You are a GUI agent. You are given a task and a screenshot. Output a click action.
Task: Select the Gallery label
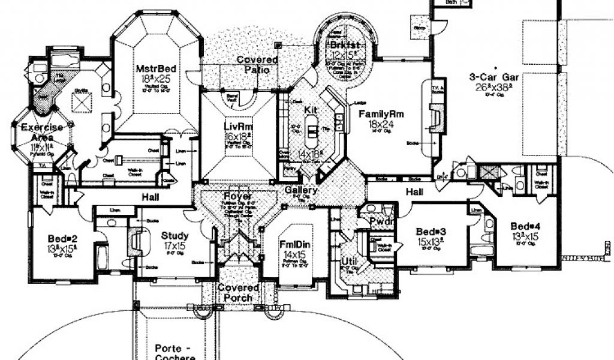[302, 190]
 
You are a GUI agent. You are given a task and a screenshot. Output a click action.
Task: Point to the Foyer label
[238, 197]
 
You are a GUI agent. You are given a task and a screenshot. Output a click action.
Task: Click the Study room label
[174, 236]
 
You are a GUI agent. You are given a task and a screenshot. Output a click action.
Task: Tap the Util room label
[350, 262]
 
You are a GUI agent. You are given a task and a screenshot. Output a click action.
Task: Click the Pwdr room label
[380, 221]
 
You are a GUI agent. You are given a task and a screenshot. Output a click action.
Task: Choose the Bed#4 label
[526, 226]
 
